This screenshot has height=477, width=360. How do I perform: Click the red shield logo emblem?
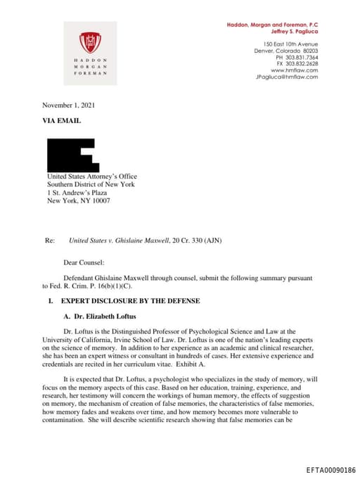(x=90, y=42)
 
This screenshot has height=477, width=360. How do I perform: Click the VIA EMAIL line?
(x=62, y=121)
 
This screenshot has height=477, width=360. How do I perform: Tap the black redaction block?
(x=70, y=155)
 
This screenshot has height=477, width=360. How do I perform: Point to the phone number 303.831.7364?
(x=298, y=58)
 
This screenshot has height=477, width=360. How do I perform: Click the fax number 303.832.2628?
(x=298, y=64)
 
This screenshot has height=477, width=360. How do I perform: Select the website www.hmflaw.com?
(x=294, y=70)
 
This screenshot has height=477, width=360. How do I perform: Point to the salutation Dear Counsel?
(x=84, y=262)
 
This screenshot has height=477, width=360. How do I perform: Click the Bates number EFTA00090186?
(x=331, y=469)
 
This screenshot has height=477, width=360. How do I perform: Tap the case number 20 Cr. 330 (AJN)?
(x=197, y=241)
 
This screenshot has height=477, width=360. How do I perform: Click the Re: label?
(x=49, y=241)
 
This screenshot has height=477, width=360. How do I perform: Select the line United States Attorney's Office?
(x=91, y=177)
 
